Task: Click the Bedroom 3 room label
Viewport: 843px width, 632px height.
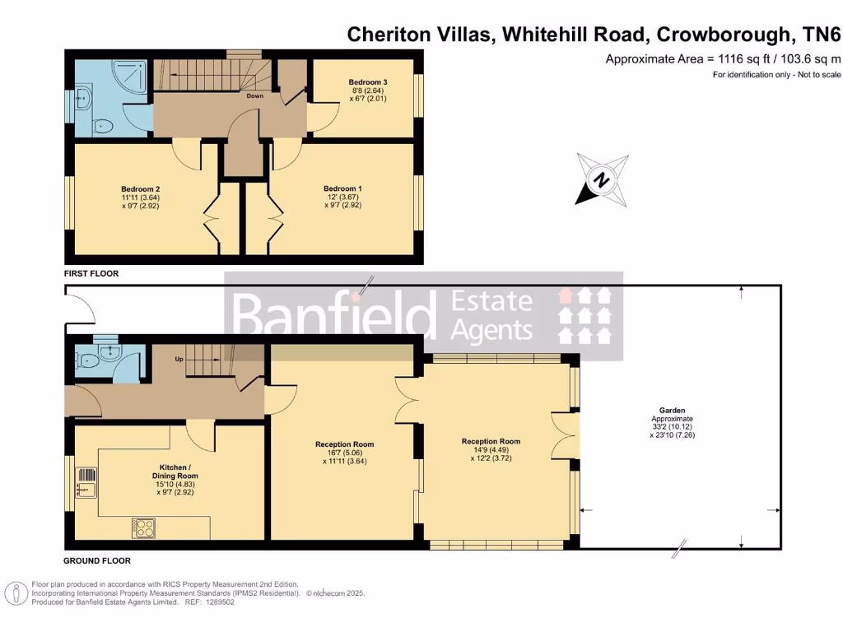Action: (368, 82)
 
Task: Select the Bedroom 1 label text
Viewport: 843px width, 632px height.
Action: (342, 188)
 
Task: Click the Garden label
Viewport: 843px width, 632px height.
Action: (672, 410)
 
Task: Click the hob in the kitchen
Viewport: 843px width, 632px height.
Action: (143, 527)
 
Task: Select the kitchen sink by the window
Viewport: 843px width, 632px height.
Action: (86, 486)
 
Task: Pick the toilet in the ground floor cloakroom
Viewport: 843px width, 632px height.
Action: (85, 360)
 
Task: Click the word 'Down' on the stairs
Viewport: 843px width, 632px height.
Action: (255, 95)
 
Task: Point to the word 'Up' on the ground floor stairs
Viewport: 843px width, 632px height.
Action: (178, 360)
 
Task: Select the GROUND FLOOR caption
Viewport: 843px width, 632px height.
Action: (97, 561)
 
